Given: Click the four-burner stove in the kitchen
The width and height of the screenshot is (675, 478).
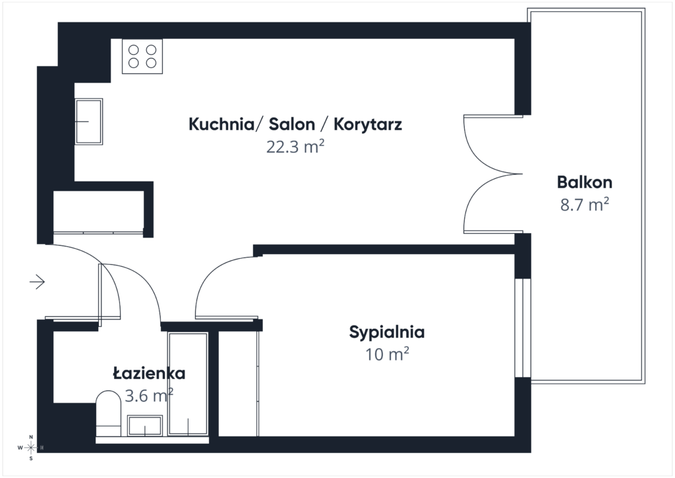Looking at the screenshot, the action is pos(142,56).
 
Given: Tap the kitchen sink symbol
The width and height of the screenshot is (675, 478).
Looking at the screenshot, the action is pos(89,121).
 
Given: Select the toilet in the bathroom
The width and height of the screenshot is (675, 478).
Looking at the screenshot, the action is pos(108,414).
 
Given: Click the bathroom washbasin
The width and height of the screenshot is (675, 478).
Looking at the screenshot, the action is pos(145,426).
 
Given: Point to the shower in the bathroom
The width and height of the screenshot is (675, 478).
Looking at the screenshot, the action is pos(188,384).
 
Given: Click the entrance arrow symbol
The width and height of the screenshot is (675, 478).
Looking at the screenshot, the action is pos(38,282).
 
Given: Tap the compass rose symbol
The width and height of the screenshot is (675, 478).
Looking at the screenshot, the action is pos(30,448).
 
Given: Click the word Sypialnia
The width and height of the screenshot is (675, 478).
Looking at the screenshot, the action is pos(386,332).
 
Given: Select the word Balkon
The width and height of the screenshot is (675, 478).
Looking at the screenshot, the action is pos(584,182).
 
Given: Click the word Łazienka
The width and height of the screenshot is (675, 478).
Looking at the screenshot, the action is pos(149,373).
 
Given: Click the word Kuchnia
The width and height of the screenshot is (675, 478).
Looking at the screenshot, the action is pos(221,124).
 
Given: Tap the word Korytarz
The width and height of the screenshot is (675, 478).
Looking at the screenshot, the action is pos(368,125).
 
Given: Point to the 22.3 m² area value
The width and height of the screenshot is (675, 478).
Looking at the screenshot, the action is pos(295,147).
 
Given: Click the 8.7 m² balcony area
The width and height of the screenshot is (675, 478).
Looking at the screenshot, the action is pos(584,204).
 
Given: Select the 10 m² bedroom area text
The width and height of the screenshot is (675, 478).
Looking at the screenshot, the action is pos(386,355).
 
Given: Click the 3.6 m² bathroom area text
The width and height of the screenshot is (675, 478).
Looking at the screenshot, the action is pos(149,395).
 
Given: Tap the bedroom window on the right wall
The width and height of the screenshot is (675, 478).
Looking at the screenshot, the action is pos(523,328).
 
